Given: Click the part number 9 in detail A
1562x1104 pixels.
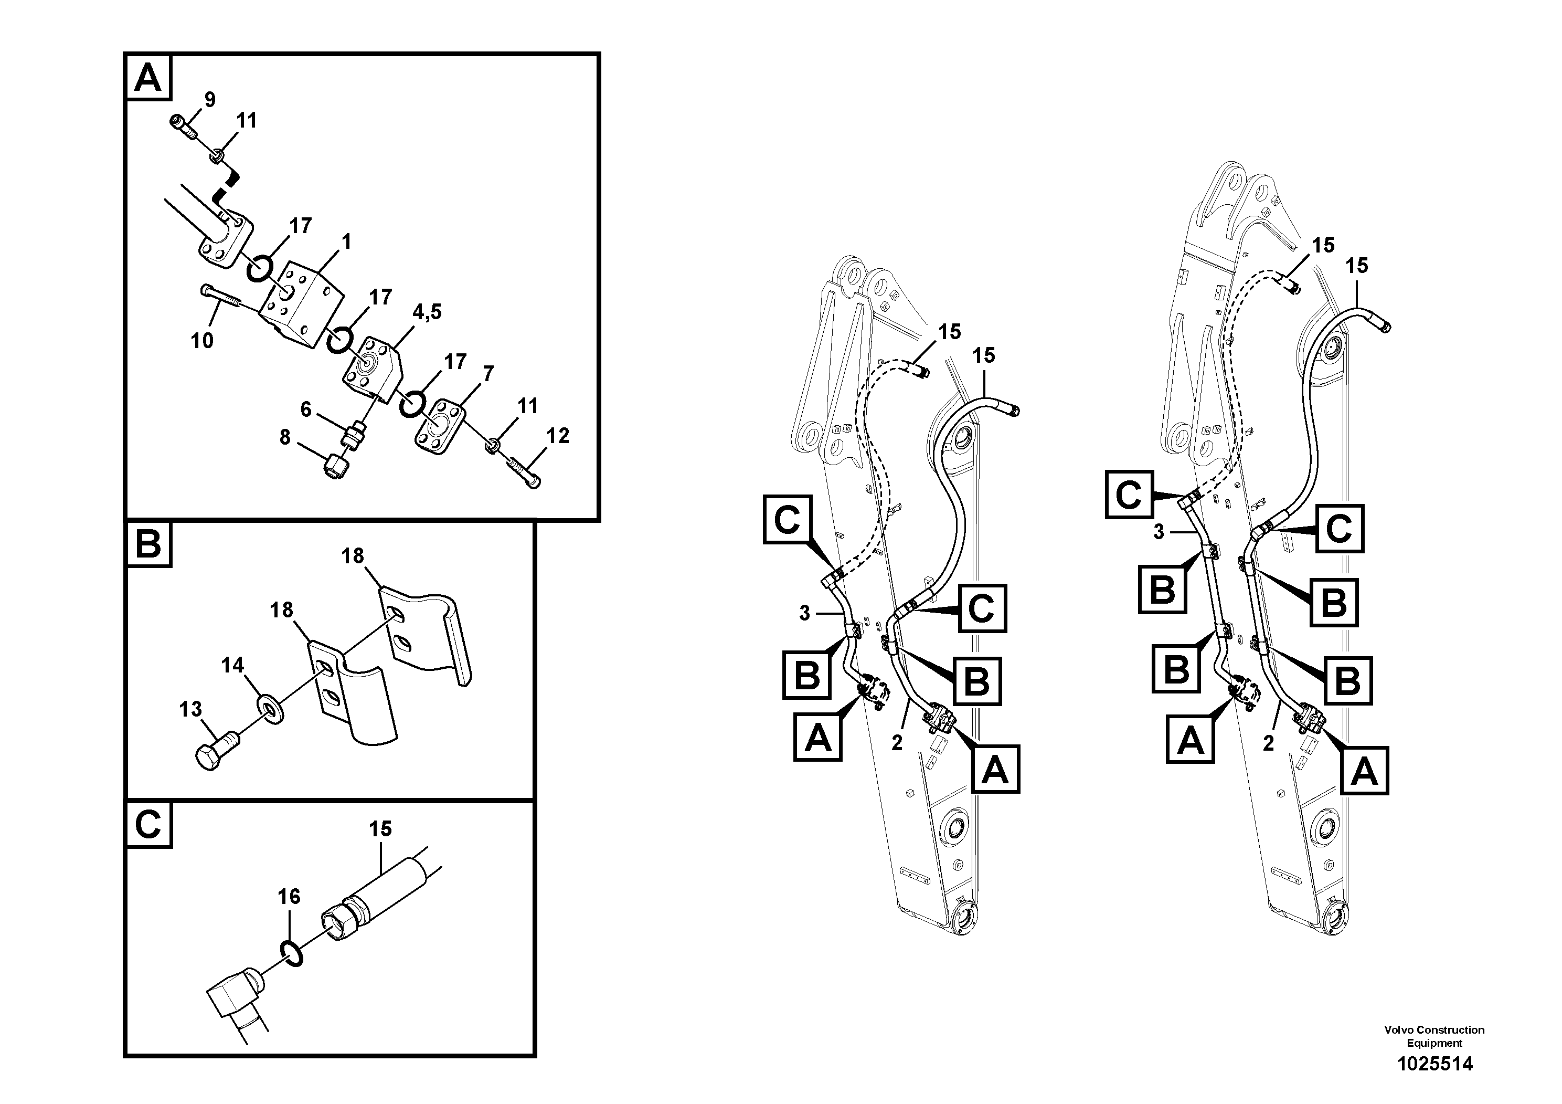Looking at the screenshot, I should (209, 100).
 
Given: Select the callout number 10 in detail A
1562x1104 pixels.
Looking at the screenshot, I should (202, 340).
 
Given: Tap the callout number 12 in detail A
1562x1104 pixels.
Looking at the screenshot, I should (557, 436).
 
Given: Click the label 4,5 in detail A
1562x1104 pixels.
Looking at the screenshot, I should (427, 312).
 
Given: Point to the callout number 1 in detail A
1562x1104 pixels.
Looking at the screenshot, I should (346, 241).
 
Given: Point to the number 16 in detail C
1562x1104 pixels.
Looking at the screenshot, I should (289, 897).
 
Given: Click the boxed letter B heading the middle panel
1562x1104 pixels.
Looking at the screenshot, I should (148, 544).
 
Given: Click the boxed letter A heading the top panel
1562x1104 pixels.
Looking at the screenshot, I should (148, 78).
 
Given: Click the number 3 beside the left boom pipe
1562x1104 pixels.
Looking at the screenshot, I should (804, 613).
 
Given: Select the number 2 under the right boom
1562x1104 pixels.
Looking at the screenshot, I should (1268, 744).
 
